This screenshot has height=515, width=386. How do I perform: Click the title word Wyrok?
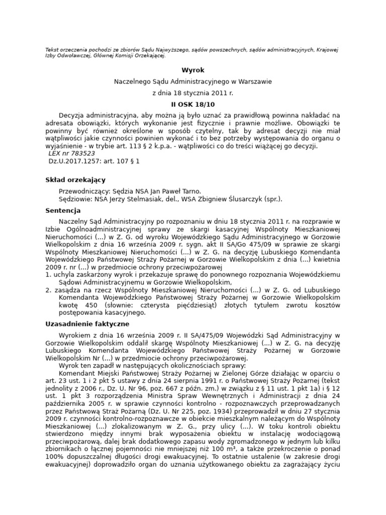pyautogui.click(x=193, y=70)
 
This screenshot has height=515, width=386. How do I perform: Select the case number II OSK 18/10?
pyautogui.click(x=193, y=104)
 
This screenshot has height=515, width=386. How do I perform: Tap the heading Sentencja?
pyautogui.click(x=62, y=211)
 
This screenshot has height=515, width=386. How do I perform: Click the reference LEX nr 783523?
pyautogui.click(x=71, y=153)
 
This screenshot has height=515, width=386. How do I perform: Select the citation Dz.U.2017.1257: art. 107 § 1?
pyautogui.click(x=94, y=161)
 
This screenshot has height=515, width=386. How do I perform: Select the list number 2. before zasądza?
pyautogui.click(x=48, y=290)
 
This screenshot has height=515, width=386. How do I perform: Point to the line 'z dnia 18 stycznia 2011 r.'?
pyautogui.click(x=193, y=93)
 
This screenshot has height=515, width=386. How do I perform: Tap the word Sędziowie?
pyautogui.click(x=75, y=199)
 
